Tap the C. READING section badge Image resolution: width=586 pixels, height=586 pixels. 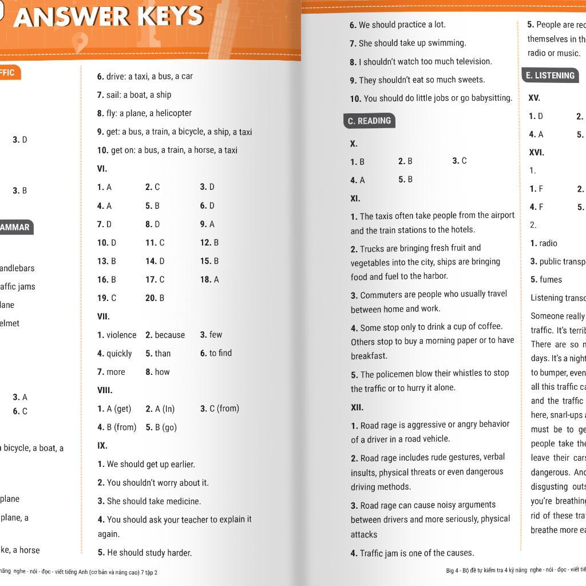click(370, 121)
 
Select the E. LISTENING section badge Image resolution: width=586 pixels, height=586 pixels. click(550, 76)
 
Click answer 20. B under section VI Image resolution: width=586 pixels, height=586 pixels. click(155, 298)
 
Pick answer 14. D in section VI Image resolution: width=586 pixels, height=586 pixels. click(155, 261)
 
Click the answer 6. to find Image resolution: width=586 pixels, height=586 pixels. click(216, 353)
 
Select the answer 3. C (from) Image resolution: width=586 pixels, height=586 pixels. click(219, 409)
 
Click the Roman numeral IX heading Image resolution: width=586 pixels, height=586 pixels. click(102, 446)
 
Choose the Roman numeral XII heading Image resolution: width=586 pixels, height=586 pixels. click(357, 407)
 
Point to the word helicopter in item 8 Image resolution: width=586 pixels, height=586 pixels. click(170, 113)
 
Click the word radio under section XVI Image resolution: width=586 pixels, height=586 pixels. click(548, 243)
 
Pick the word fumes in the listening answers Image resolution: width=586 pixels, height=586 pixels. click(551, 280)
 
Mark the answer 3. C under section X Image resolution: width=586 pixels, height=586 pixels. click(460, 161)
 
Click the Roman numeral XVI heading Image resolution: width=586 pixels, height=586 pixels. click(536, 153)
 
